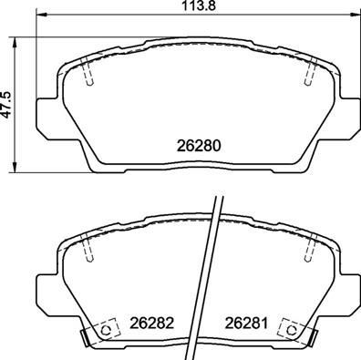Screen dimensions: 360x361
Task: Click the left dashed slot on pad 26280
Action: [x=88, y=74]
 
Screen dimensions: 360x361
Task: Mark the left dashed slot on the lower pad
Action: [x=88, y=249]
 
